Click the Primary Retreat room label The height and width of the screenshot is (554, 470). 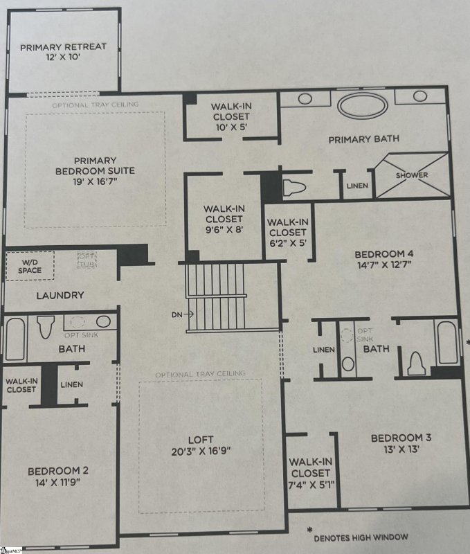point(62,47)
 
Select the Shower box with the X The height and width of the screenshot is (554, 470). point(411,175)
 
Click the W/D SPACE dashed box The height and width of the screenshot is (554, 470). point(30,265)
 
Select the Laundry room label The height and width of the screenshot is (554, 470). point(61,295)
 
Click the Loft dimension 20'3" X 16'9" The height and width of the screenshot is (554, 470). point(201,450)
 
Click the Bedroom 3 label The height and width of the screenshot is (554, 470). point(401,438)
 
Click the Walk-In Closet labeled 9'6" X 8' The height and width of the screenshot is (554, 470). point(222,219)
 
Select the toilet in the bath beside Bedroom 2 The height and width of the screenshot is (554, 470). point(46,325)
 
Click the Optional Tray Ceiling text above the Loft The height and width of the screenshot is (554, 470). point(200,374)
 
